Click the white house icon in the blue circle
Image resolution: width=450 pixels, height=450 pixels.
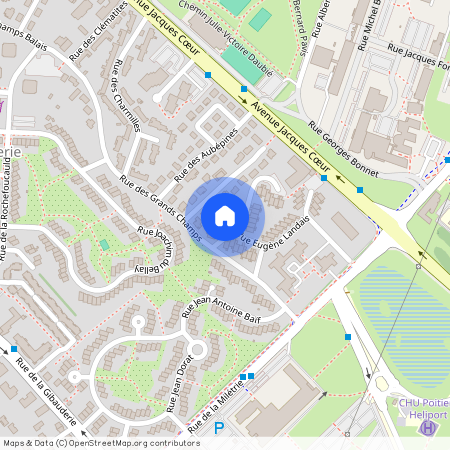click(x=225, y=215)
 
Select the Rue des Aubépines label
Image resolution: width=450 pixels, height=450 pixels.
click(x=206, y=156)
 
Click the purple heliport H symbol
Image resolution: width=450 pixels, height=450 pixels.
click(x=428, y=427)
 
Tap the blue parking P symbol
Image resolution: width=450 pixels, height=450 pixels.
click(x=220, y=429)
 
